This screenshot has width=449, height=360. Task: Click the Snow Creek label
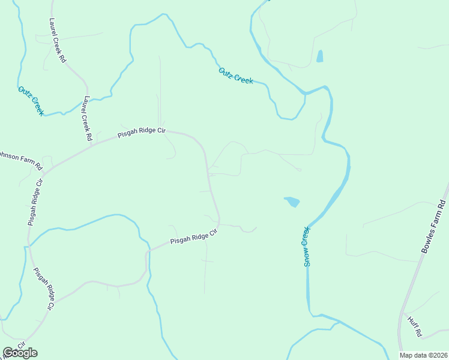pyautogui.click(x=307, y=247)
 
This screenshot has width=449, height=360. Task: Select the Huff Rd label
pyautogui.click(x=415, y=326)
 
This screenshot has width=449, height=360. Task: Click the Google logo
pyautogui.click(x=20, y=353)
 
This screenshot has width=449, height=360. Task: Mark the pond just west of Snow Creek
pyautogui.click(x=292, y=202)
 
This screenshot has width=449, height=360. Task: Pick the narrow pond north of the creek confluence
pyautogui.click(x=320, y=56)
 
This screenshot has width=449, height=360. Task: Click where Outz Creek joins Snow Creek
pyautogui.click(x=306, y=93)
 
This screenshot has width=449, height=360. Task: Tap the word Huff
pyautogui.click(x=412, y=323)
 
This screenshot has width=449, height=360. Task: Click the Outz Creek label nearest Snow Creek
pyautogui.click(x=236, y=76)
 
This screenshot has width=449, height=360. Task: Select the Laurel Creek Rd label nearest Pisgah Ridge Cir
pyautogui.click(x=88, y=118)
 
